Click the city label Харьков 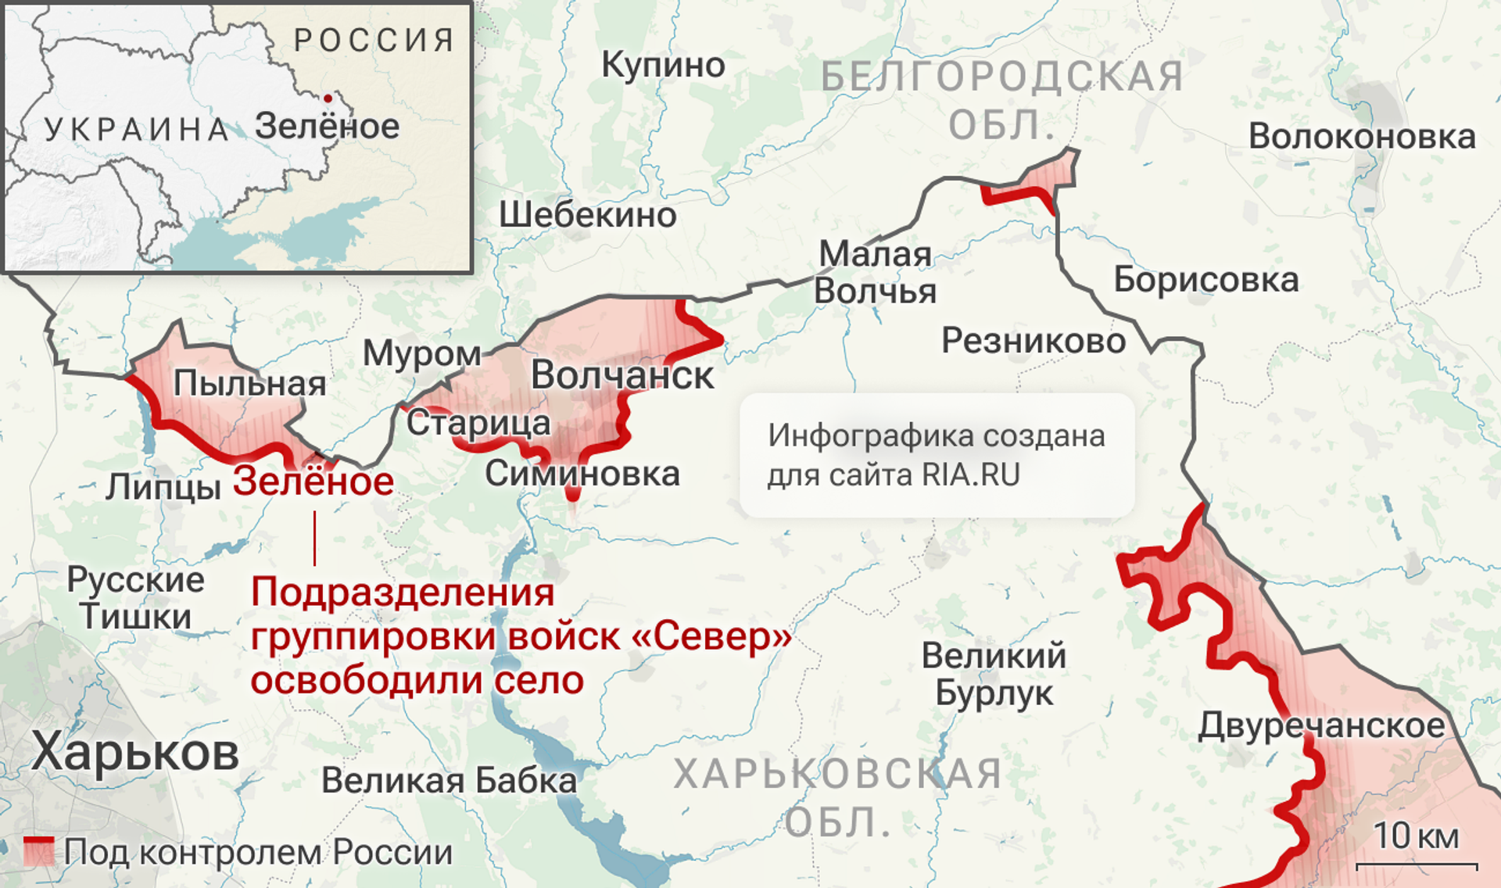[135, 752]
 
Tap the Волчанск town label [622, 376]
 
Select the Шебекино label [588, 215]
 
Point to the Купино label [663, 65]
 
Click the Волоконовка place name [1362, 137]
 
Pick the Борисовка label [1205, 280]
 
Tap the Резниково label [1034, 341]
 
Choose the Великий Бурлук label [994, 674]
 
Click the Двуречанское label [1321, 725]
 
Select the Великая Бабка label [449, 780]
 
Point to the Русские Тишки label [135, 598]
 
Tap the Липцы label [163, 487]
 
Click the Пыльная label [249, 383]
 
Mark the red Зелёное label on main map [313, 482]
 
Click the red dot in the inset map [328, 98]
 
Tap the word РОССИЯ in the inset [374, 40]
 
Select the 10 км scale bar [1416, 865]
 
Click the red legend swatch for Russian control [38, 851]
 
